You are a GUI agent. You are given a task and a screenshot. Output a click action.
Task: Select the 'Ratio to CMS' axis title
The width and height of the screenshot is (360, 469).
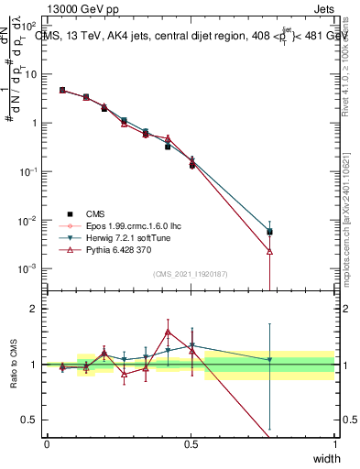tap(16, 365)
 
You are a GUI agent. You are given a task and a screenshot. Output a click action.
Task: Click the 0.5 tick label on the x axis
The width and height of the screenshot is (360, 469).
tap(191, 443)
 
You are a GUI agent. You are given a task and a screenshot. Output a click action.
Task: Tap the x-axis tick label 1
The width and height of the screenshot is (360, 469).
tap(335, 443)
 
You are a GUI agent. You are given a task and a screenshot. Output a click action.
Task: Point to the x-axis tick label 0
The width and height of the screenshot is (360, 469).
tap(47, 443)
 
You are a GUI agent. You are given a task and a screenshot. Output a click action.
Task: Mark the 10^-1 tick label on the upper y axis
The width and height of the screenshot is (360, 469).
tap(27, 171)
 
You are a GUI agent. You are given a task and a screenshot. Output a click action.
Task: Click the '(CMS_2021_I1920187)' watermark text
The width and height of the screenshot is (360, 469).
tap(191, 274)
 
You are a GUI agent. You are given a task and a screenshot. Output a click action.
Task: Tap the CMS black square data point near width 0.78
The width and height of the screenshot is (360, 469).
tap(269, 232)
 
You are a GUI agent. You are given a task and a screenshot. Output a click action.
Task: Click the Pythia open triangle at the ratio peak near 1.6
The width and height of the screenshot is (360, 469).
tap(168, 333)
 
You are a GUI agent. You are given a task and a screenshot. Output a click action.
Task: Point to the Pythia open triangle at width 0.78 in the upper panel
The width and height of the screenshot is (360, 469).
tap(269, 250)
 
